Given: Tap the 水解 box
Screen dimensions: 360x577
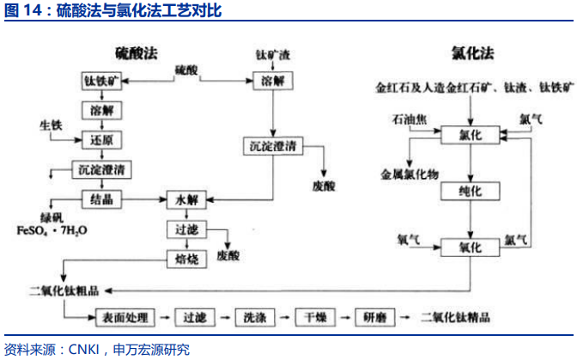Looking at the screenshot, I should click(x=187, y=198).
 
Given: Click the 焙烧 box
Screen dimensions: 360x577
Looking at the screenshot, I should click(x=187, y=258).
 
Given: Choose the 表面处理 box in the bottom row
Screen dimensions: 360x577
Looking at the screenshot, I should click(x=125, y=317).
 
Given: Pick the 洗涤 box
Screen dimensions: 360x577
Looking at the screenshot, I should click(x=256, y=317).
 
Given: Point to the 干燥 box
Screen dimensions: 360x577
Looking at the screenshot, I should click(x=315, y=317).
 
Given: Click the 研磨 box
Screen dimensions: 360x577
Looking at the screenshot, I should click(x=375, y=317).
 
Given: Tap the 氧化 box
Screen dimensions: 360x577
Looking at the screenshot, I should click(x=471, y=247).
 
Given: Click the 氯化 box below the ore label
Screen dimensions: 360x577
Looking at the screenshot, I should click(x=471, y=135).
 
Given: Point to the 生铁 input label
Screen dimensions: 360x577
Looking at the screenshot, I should click(x=51, y=127).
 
